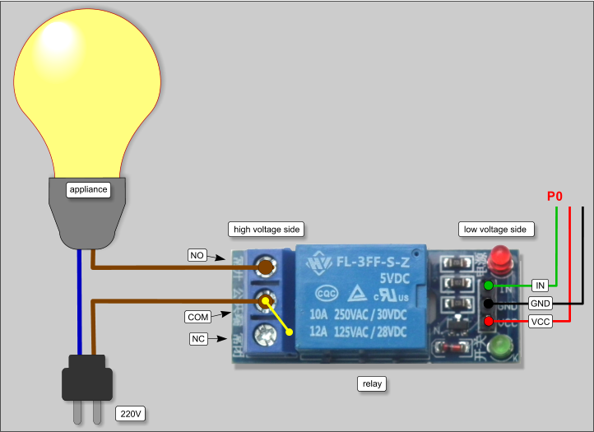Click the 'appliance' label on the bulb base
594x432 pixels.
(88, 189)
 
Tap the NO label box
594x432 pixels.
(197, 256)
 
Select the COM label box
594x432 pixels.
(197, 316)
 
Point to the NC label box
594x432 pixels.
(197, 338)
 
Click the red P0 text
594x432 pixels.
(555, 197)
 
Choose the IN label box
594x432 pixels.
(540, 286)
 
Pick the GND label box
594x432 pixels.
(541, 304)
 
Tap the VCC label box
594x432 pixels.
(541, 321)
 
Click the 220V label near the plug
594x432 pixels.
(132, 412)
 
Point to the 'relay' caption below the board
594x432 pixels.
(373, 383)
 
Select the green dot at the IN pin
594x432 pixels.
(489, 286)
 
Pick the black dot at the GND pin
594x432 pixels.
(489, 304)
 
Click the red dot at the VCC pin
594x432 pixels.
(489, 321)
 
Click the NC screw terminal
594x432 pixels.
(264, 334)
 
